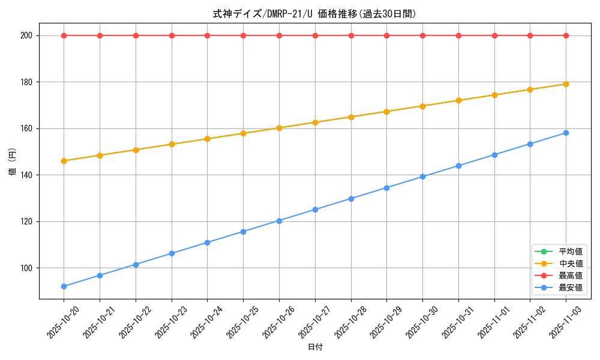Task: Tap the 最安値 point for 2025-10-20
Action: point(64,286)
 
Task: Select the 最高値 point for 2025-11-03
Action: point(566,35)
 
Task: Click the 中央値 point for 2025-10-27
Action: point(315,122)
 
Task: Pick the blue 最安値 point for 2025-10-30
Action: point(422,176)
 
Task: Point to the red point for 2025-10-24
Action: point(207,35)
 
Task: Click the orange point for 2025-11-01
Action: point(494,95)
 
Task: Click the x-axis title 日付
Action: point(315,347)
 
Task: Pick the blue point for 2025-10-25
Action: point(243,232)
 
